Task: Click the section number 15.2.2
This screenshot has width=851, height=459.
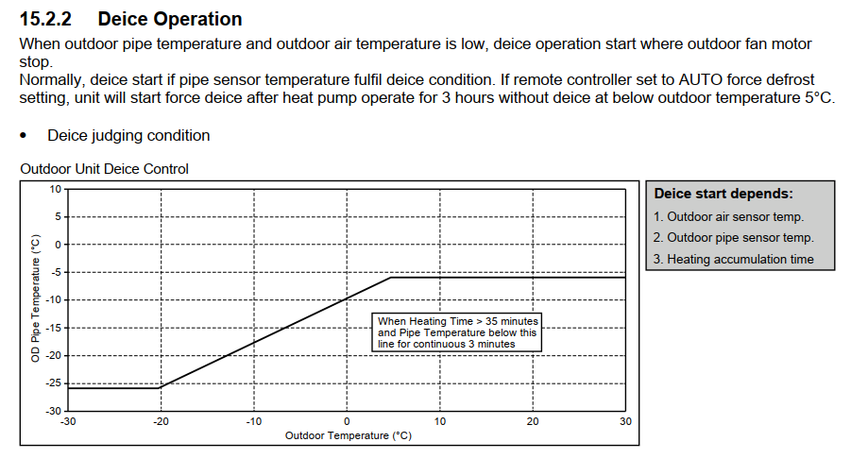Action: coord(48,18)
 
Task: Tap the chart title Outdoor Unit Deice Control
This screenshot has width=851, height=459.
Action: coord(104,169)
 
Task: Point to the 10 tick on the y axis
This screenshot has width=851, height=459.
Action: coord(55,189)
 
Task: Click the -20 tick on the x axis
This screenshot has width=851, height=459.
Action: coord(161,421)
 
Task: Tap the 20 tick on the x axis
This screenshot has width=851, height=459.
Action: coord(533,421)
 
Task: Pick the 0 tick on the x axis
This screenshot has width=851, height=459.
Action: coord(347,421)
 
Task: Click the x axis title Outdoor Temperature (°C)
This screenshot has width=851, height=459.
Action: coord(348,435)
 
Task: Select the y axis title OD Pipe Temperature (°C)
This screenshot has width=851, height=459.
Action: coord(34,300)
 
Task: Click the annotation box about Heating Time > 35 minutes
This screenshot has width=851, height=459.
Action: coord(457,332)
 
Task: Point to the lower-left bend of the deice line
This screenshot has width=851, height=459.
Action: coord(161,387)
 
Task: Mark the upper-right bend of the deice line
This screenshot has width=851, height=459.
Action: coord(392,278)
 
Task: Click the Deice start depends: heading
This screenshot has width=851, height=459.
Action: coord(723,194)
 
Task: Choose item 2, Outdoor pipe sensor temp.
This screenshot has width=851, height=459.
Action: coord(733,238)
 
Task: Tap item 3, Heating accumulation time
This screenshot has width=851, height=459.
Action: coord(733,259)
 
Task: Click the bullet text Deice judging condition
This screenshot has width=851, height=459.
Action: coord(128,135)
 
